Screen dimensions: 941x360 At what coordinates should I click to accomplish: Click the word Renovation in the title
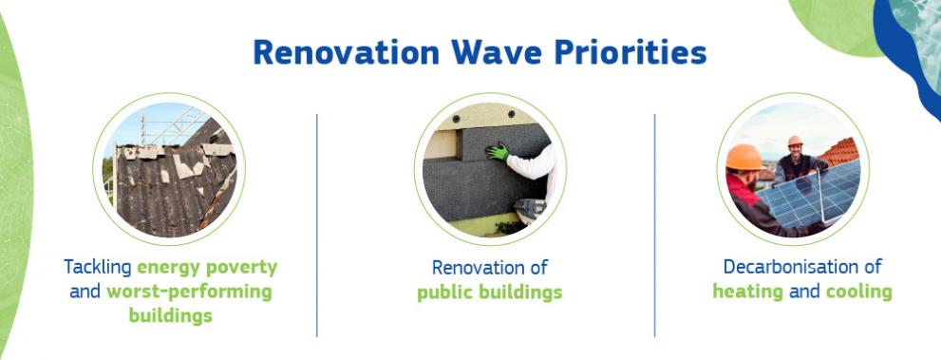pos(347,52)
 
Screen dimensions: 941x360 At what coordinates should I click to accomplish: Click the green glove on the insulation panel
pos(498,151)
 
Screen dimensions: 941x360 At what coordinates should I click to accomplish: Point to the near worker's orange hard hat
pos(743,158)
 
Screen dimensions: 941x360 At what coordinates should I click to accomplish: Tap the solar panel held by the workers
pos(810,192)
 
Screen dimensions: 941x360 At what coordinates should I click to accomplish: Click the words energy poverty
pos(207,268)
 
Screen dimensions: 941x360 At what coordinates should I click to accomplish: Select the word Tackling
pos(98,268)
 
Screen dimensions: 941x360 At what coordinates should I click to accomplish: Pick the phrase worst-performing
pos(189,293)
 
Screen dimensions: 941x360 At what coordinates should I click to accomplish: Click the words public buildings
pos(490,293)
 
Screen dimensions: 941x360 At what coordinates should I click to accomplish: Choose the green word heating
pos(747,293)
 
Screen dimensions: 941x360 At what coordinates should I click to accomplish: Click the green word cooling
pos(858,292)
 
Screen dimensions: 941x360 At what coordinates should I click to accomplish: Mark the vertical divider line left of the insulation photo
pos(317,225)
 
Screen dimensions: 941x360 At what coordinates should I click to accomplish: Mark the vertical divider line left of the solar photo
pos(655,225)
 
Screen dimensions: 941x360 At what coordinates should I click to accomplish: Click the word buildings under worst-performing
pos(170,316)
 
